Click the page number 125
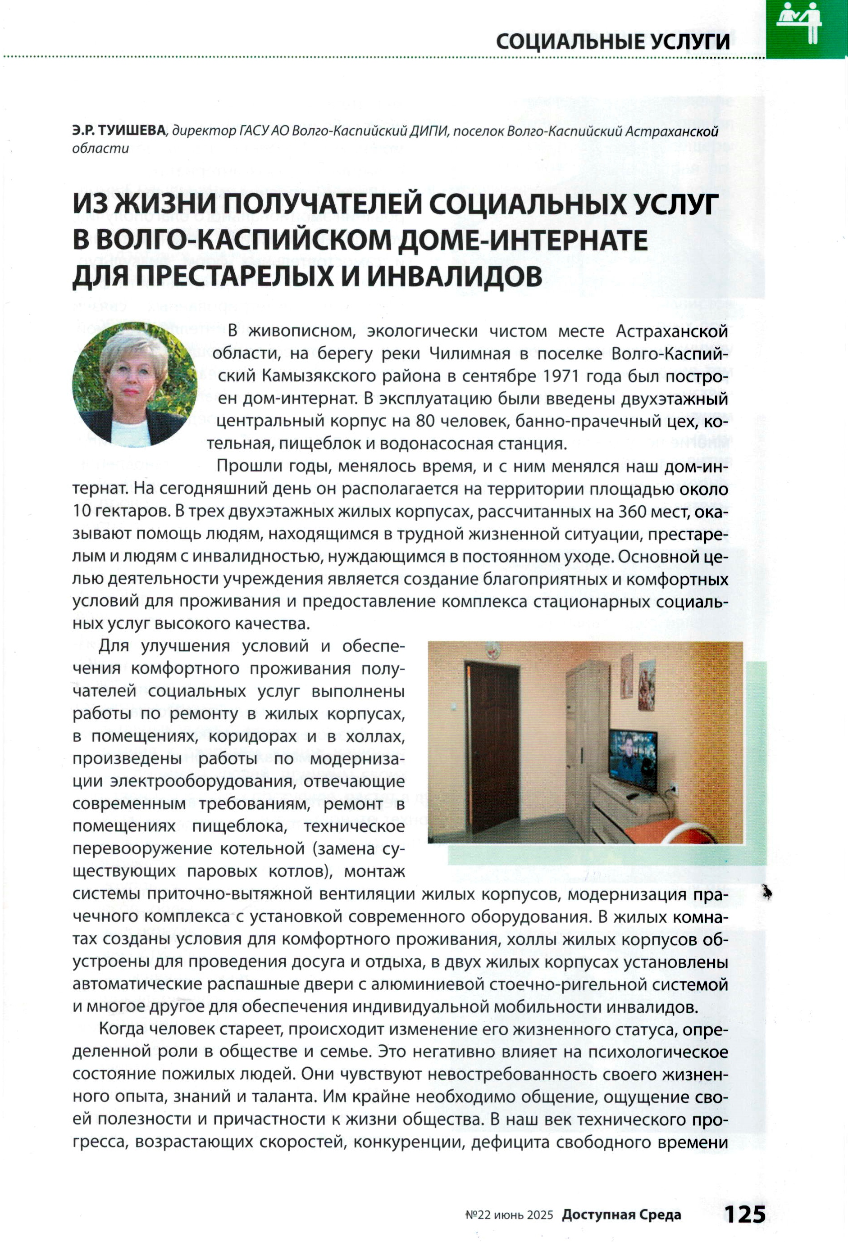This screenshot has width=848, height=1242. (x=745, y=1214)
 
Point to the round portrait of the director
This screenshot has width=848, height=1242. (x=134, y=384)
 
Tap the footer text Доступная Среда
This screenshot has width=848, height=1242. (x=621, y=1215)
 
